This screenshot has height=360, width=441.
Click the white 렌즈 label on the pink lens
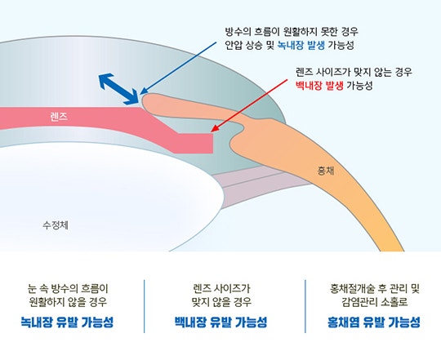point(59,117)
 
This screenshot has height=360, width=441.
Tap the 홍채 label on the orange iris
point(326,171)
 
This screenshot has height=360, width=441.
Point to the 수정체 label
point(56,225)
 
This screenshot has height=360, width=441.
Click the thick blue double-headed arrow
point(118,89)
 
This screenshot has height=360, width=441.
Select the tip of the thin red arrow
point(211,131)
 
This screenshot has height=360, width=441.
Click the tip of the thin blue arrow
point(140,94)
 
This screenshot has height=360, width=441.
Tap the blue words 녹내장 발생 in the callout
point(301,45)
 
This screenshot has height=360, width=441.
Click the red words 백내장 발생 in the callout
point(319,85)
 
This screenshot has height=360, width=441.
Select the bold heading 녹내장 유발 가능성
point(67,322)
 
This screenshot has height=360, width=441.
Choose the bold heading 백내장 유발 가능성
point(220,322)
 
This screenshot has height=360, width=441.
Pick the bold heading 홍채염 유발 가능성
point(374,322)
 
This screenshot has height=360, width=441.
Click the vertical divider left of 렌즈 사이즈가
point(145,306)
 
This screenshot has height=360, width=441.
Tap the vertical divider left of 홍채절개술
point(305,306)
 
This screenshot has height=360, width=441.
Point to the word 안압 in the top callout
point(234,45)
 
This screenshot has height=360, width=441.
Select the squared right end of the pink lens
point(212,144)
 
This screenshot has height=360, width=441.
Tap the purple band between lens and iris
point(253,183)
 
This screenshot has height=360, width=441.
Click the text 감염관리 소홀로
point(375,302)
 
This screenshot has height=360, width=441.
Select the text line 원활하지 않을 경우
point(68,302)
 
